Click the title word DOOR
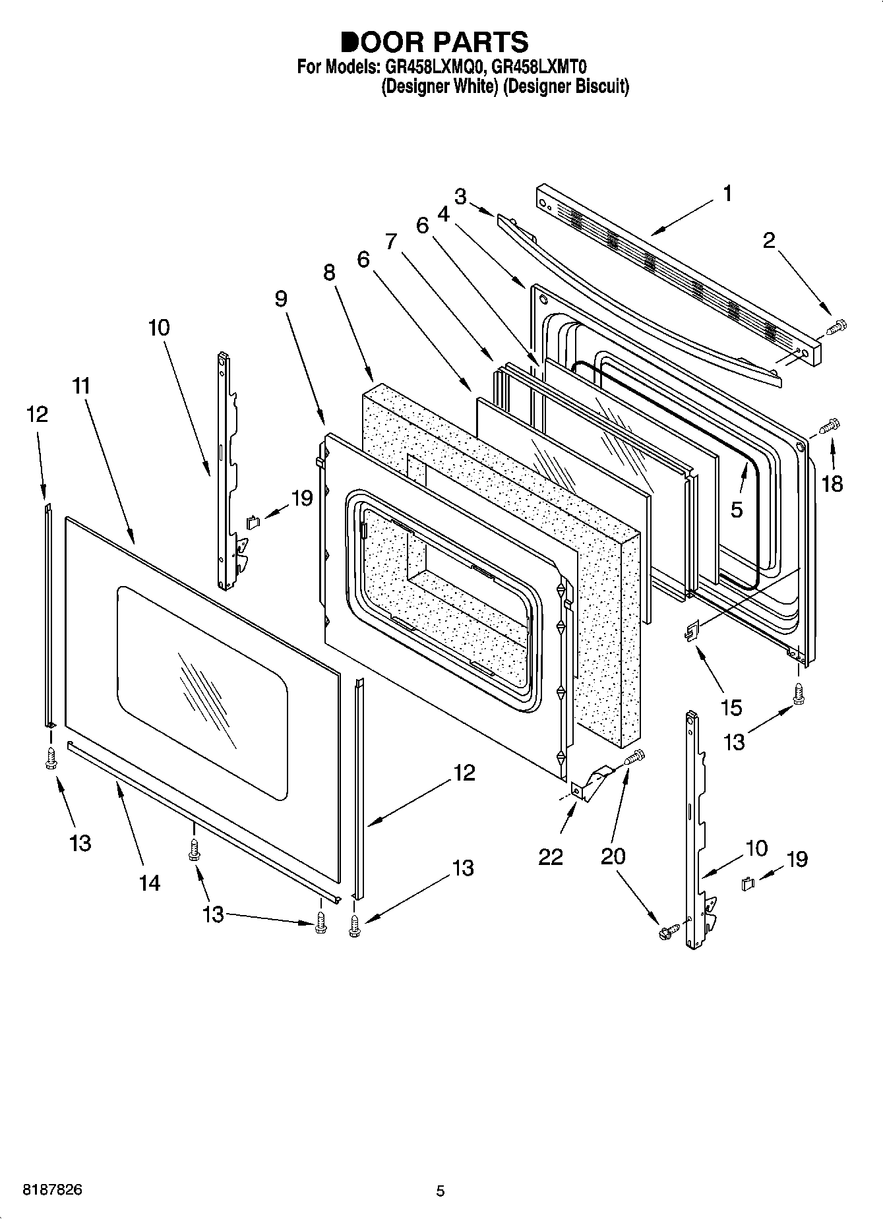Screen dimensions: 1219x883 (x=382, y=42)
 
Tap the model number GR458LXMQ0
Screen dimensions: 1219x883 (x=433, y=67)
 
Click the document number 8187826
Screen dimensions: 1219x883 (x=53, y=1190)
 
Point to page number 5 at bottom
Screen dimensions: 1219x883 (x=441, y=1191)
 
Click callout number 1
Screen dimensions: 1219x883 (x=727, y=194)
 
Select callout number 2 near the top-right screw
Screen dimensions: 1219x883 (x=769, y=241)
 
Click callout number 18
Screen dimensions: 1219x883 (x=832, y=485)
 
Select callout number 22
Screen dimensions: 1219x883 (x=550, y=856)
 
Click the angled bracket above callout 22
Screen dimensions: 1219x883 (x=592, y=783)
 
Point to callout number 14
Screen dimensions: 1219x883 (x=150, y=882)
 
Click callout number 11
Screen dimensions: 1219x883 (x=80, y=386)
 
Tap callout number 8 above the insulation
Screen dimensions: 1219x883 (x=329, y=273)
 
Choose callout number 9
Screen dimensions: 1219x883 (x=281, y=299)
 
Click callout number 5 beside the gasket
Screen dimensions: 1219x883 (x=736, y=509)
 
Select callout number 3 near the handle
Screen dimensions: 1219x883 (x=461, y=196)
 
